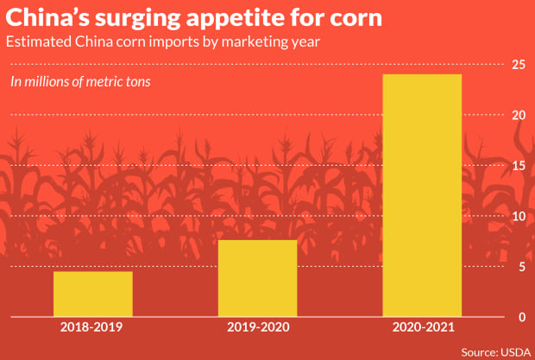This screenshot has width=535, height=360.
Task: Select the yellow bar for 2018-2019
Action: pos(93,294)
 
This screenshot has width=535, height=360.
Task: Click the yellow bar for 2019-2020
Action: pos(257,278)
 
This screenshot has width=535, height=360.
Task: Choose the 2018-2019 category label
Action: pos(92,329)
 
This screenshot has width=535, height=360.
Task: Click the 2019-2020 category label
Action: pos(257,329)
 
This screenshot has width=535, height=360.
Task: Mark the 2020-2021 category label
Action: pos(422,329)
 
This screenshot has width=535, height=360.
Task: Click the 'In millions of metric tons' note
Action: pos(79,82)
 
